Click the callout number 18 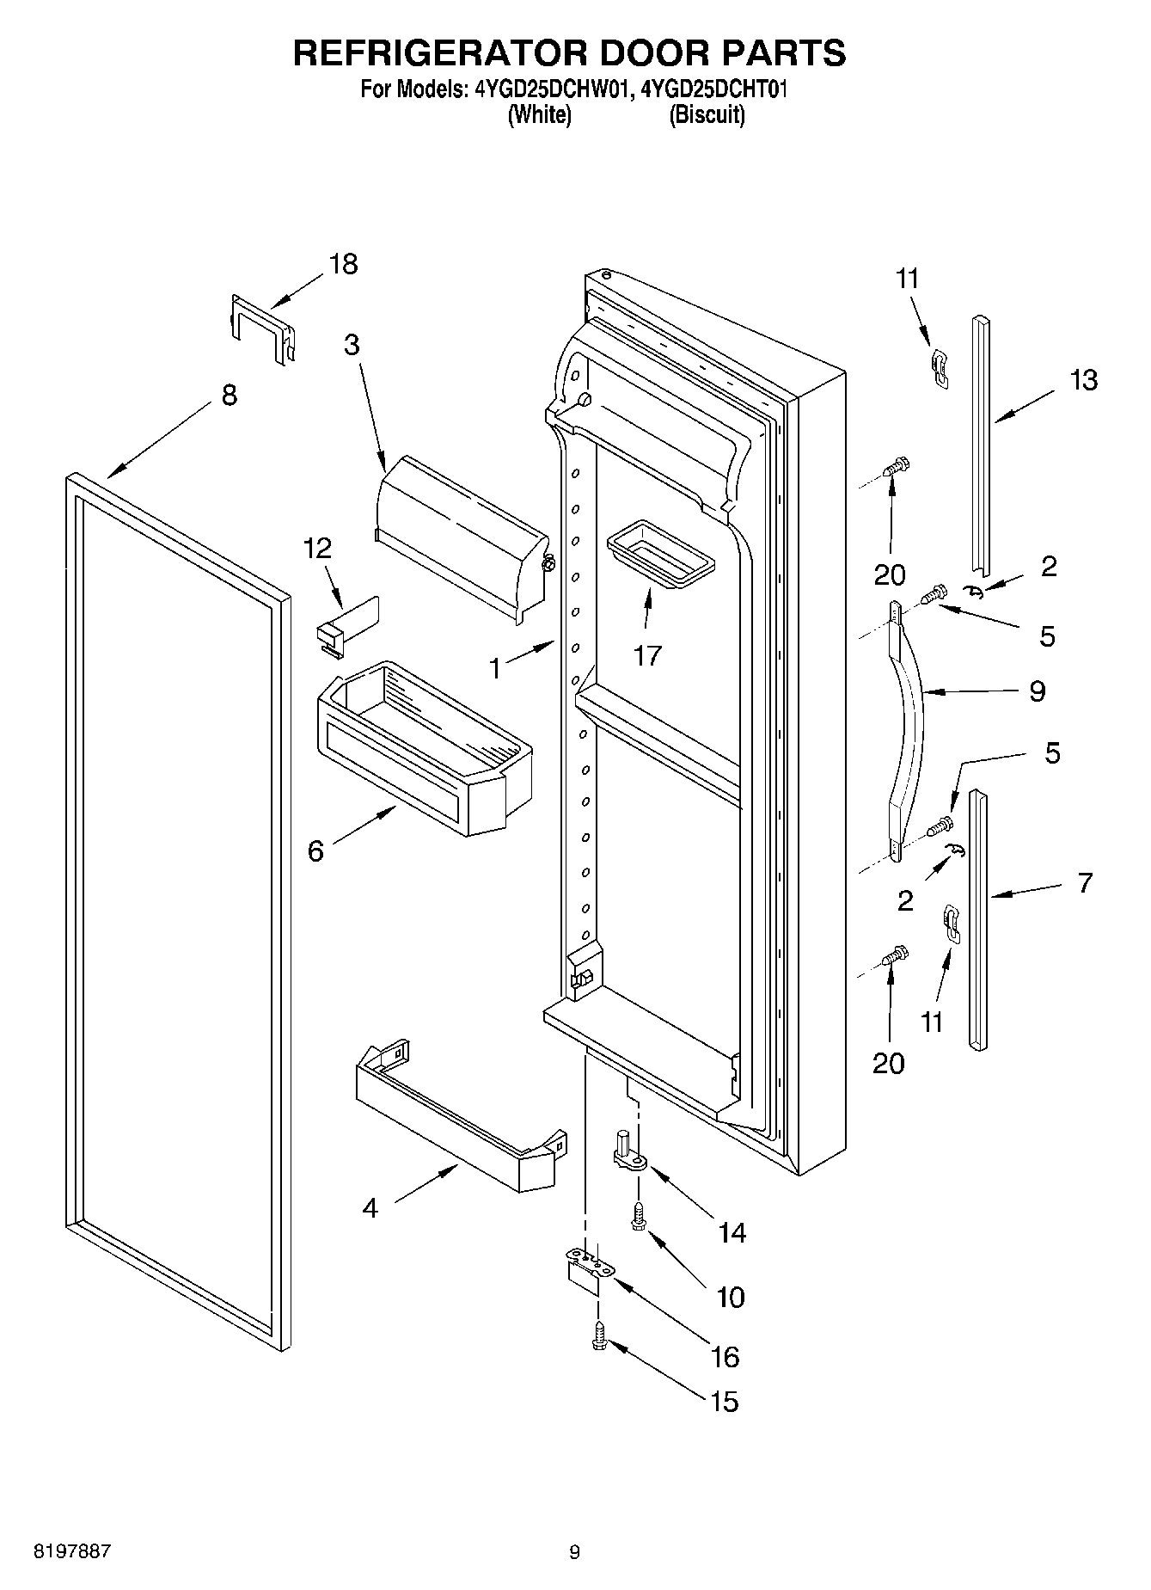point(343,264)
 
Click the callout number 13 point(1084,380)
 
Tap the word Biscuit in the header point(707,115)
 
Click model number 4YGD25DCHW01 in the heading point(554,89)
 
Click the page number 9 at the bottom point(574,1552)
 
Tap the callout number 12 point(317,548)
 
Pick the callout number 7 point(1085,882)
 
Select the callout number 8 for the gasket point(229,396)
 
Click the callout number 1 point(494,668)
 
